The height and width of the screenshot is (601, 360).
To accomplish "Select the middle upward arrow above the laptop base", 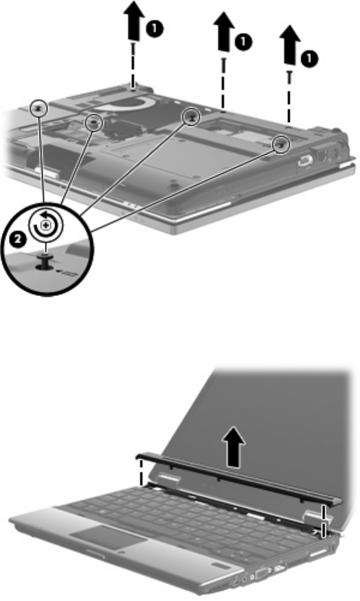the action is point(223,32).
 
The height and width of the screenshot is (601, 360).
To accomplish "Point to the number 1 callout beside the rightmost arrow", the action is point(309,59).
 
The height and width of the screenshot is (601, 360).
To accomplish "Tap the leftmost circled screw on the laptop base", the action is point(39,108).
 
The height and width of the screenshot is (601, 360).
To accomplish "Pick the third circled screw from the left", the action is point(192,116).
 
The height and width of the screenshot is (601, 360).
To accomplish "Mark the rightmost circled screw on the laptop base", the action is point(282,144).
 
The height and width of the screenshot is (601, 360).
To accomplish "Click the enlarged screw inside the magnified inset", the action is point(46,261).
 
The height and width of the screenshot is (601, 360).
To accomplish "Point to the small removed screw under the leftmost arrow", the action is point(133,48).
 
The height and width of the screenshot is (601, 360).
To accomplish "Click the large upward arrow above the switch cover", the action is point(234,447).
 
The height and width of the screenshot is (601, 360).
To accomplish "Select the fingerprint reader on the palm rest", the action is point(217,566).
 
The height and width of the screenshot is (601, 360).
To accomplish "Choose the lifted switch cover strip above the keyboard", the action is point(239,477).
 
